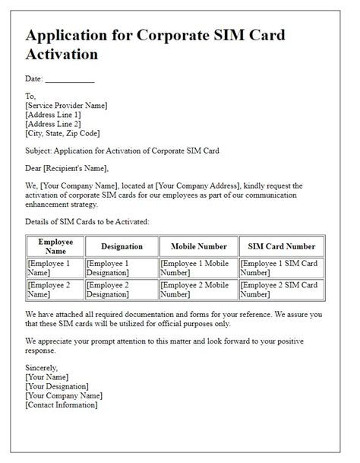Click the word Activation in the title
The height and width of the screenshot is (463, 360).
[65, 54]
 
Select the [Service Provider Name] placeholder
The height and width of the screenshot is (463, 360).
[66, 106]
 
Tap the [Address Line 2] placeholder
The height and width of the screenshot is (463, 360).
[53, 124]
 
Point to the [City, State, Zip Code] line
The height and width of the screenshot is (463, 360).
[63, 133]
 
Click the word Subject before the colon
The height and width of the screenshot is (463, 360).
[39, 151]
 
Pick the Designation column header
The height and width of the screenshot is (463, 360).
[122, 246]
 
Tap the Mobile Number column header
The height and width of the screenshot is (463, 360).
[198, 246]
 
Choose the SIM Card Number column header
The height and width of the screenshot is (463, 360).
[281, 246]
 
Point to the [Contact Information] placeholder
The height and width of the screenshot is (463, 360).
[61, 404]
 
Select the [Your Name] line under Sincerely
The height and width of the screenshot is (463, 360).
[46, 376]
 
